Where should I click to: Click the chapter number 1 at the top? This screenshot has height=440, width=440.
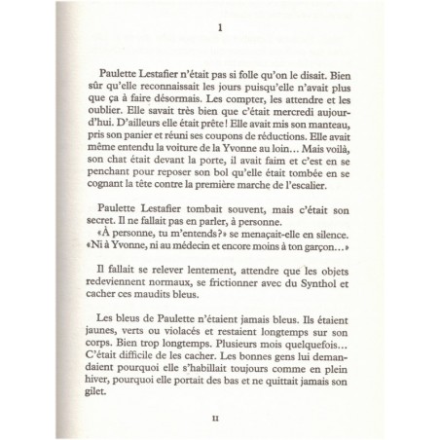221,29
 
